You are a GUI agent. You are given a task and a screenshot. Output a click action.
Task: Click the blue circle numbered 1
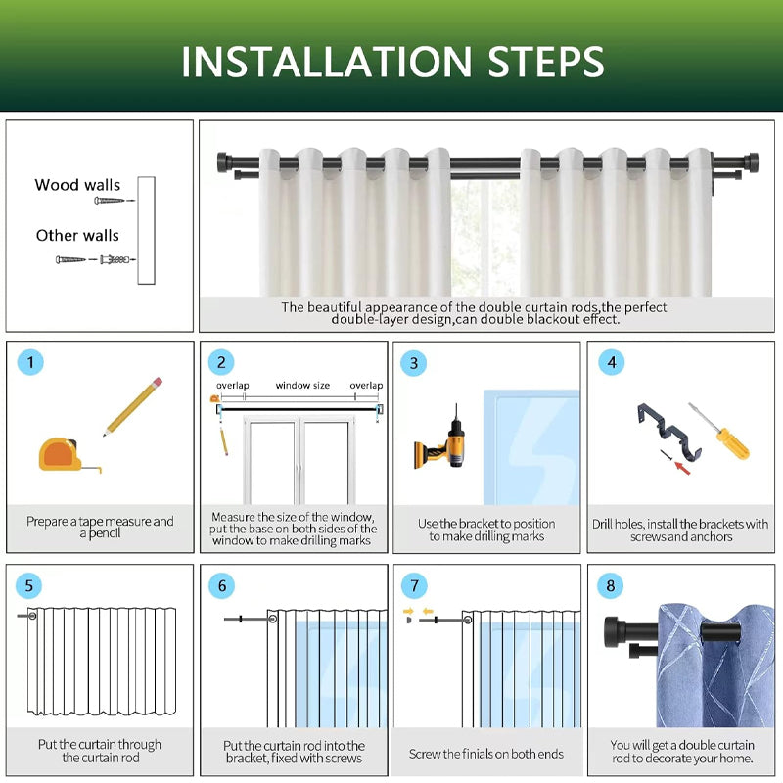(30, 362)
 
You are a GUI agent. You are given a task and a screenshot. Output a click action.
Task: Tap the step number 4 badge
(612, 362)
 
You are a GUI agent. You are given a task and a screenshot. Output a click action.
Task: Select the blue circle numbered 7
(414, 585)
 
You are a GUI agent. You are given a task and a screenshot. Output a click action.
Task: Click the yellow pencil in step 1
(133, 406)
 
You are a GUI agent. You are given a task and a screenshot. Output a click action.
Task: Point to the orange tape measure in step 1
(65, 454)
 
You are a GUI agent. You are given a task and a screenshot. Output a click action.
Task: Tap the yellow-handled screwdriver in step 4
(719, 431)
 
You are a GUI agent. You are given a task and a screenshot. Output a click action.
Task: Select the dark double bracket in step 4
(669, 432)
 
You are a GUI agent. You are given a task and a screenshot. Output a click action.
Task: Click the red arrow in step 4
(682, 469)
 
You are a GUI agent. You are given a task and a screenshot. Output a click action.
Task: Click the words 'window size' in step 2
(302, 386)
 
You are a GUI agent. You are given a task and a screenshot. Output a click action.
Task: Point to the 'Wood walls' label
(77, 185)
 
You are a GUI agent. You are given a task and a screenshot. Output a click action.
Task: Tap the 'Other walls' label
(77, 235)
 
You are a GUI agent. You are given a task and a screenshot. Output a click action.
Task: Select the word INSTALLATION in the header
(327, 62)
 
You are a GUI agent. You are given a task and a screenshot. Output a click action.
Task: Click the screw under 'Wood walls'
(110, 201)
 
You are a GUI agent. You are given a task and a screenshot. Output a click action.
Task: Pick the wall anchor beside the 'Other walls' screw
(115, 259)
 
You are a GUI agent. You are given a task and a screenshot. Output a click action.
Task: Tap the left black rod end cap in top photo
(223, 162)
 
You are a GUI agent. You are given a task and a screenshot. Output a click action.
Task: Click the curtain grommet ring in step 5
(33, 616)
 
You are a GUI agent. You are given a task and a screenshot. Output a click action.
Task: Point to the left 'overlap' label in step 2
(233, 386)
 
